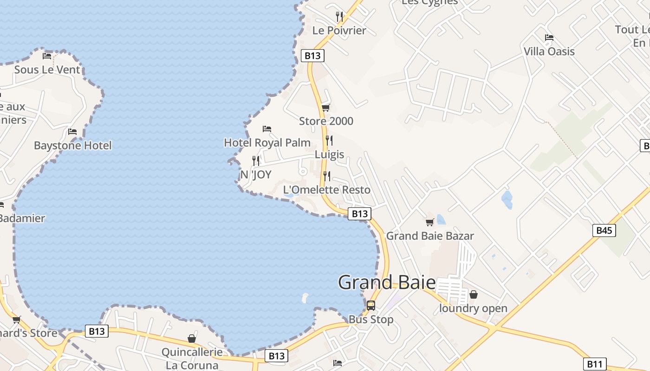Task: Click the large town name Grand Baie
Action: (x=387, y=282)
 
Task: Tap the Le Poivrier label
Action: (x=339, y=31)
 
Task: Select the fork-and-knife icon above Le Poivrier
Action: (x=339, y=17)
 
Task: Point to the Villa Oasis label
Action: (x=549, y=51)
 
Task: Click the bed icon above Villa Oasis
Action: (x=549, y=37)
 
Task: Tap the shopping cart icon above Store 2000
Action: (x=326, y=108)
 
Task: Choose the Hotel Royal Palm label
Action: (x=267, y=142)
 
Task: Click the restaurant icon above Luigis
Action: (x=329, y=140)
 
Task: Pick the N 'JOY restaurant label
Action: (x=256, y=175)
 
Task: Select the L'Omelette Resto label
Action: (x=326, y=190)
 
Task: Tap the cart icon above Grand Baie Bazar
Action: (x=430, y=222)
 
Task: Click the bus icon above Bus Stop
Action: (x=370, y=305)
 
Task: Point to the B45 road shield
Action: (x=604, y=230)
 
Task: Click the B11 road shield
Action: (x=595, y=364)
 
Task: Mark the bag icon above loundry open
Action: (x=474, y=294)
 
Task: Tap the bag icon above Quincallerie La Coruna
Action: (x=192, y=339)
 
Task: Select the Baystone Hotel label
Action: (x=72, y=146)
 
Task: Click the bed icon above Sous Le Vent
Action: (x=47, y=56)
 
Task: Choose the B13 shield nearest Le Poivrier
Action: (x=312, y=56)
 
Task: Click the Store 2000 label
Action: (x=326, y=122)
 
